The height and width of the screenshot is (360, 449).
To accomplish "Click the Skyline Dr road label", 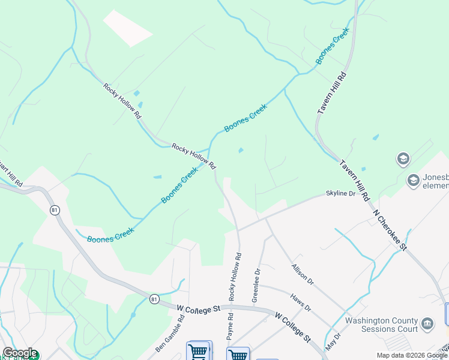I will (340, 193).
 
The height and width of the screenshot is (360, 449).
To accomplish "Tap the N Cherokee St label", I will (390, 229).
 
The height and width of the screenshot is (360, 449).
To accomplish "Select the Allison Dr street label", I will (302, 273).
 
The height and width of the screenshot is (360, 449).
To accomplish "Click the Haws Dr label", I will (300, 302).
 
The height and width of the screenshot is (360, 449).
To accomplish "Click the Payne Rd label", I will (230, 329).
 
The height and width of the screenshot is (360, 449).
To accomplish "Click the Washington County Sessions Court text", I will (381, 325).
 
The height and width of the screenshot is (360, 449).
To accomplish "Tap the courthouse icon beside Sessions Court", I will (427, 324).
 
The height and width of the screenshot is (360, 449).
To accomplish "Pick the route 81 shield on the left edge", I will (55, 210).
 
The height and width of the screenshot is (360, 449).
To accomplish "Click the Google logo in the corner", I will (20, 353).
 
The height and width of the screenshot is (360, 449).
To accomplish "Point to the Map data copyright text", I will (412, 355).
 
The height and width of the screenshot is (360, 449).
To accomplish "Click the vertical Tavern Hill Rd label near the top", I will (332, 92).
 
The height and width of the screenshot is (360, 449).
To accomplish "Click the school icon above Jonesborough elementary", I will (403, 159).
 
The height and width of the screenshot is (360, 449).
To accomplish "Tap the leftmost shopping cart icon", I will (199, 351).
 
